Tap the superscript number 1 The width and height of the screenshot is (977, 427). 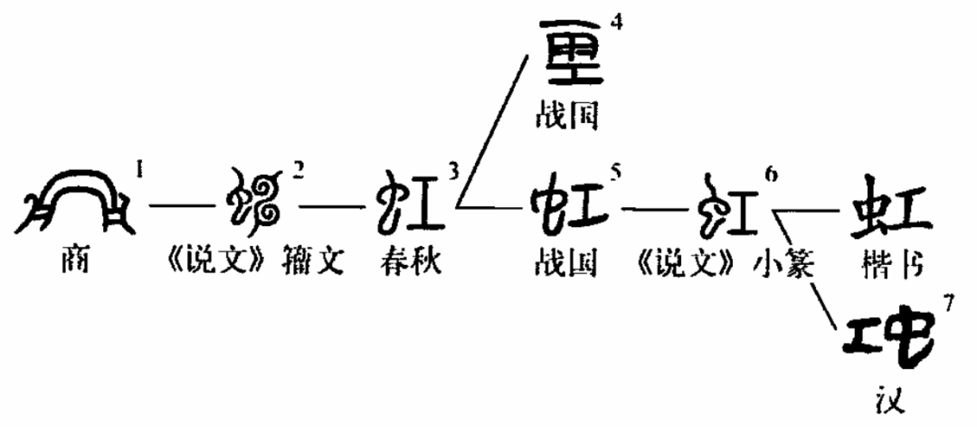tap(138, 167)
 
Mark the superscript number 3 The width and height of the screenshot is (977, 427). tap(453, 169)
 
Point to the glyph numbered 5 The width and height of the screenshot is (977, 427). tap(568, 204)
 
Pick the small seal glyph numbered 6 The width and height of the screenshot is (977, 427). tap(726, 204)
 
